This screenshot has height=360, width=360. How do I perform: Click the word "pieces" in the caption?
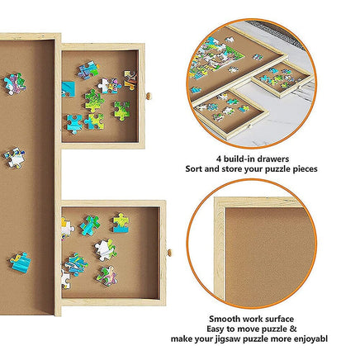pos(301,168)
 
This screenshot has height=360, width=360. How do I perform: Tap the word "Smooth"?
pos(225,317)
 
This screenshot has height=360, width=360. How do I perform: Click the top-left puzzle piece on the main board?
pos(13,83)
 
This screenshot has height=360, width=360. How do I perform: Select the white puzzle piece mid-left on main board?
pos(13,157)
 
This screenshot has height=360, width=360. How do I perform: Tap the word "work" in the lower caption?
pos(258,317)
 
